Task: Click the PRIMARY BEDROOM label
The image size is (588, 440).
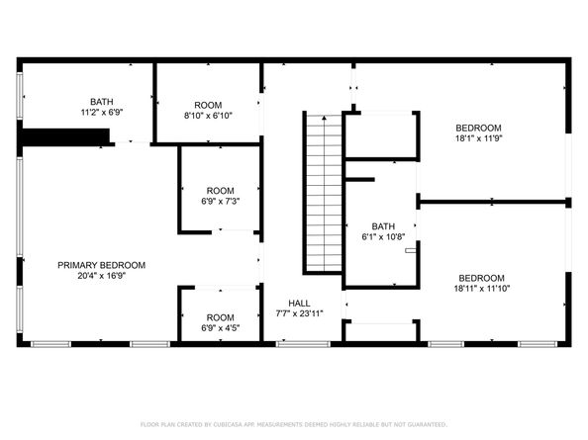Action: click(101, 265)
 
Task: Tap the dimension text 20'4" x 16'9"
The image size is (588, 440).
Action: click(101, 276)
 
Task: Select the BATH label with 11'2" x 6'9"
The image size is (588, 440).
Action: click(101, 101)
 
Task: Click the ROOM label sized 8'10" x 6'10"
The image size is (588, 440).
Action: click(208, 105)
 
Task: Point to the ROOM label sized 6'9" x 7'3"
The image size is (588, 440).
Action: click(219, 191)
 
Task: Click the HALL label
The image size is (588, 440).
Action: click(299, 303)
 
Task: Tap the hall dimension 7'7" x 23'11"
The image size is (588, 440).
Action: click(299, 313)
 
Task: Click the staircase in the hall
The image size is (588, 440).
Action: click(320, 194)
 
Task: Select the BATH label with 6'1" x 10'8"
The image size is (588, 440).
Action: click(383, 226)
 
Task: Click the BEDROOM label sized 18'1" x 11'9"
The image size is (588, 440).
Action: click(479, 129)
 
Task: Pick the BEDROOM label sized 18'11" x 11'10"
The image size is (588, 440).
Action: click(481, 278)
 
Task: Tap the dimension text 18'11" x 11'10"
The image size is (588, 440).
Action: click(481, 289)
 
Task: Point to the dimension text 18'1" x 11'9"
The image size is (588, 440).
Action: click(479, 139)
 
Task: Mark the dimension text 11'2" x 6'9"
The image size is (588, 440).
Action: click(101, 112)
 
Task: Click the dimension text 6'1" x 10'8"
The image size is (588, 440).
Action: click(383, 237)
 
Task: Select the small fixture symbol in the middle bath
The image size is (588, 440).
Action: click(409, 250)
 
